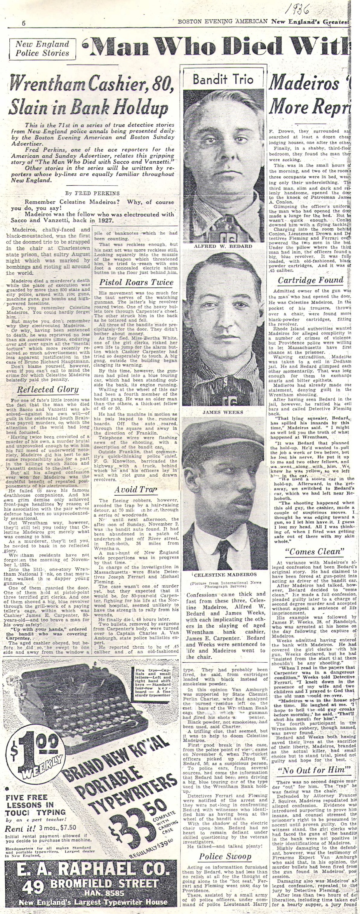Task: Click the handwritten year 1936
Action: point(297,8)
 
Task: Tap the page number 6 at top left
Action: point(24,23)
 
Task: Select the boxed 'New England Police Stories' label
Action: point(42,49)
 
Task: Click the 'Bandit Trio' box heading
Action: point(223,80)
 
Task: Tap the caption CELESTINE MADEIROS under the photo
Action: point(225,574)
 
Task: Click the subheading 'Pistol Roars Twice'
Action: point(136,282)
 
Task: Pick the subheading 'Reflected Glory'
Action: point(47,389)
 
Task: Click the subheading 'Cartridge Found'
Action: point(310,280)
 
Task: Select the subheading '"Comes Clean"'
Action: point(315,552)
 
